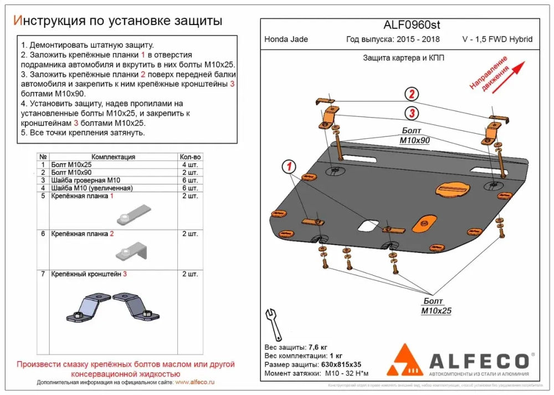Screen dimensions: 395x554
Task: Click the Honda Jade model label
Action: point(286,39)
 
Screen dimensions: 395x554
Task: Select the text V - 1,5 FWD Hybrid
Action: point(497,39)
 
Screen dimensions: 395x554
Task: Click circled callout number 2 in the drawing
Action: point(412,94)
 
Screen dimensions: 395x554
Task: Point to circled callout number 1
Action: point(289,165)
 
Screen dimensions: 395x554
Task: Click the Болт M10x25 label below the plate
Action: point(436,306)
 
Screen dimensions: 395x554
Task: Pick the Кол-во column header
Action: point(190,157)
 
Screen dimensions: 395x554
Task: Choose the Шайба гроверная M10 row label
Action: point(84,181)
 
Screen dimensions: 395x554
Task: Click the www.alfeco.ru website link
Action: point(194,383)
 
